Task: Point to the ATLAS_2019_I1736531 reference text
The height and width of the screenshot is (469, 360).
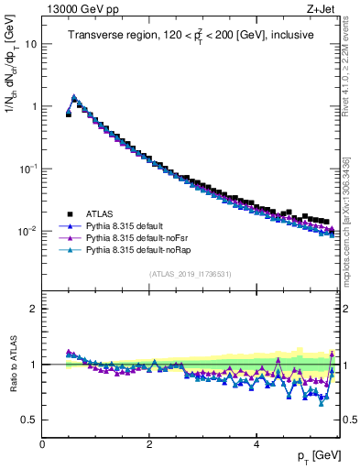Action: click(x=190, y=275)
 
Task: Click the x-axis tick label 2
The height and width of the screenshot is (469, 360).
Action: click(x=149, y=444)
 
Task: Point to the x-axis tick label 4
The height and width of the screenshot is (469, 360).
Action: click(x=256, y=444)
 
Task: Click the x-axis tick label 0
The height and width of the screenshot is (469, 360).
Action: click(x=42, y=444)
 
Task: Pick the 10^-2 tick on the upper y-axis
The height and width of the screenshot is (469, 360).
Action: click(x=27, y=231)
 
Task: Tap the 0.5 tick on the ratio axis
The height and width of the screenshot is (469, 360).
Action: click(x=29, y=420)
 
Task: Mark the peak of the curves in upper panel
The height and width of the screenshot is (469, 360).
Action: click(x=74, y=96)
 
